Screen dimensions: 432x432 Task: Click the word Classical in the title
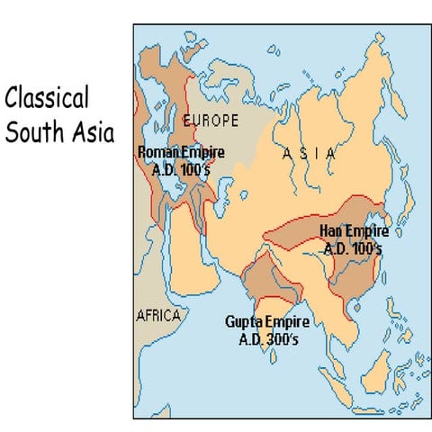[x=46, y=98]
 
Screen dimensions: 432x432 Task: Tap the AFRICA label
[x=157, y=317]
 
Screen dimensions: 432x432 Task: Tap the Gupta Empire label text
[x=267, y=323]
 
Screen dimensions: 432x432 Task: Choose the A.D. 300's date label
[x=267, y=339]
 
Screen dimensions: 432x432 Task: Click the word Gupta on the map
[x=243, y=323]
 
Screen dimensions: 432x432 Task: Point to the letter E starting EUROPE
[x=186, y=120]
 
